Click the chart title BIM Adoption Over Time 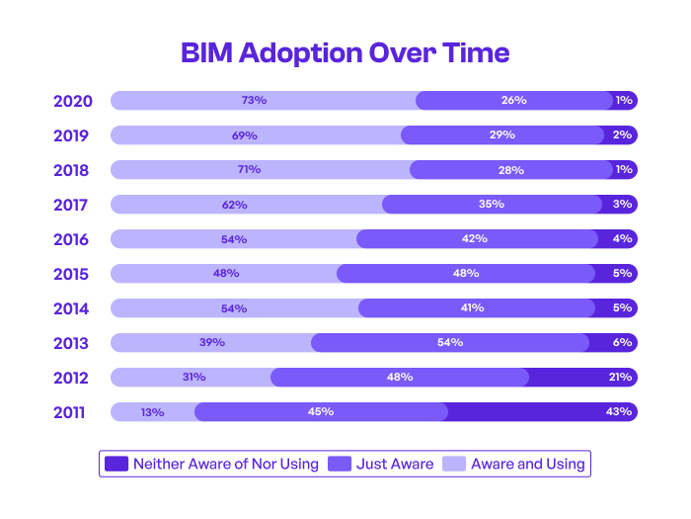[345, 52]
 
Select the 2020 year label [72, 101]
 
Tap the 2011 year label [72, 412]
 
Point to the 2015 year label [72, 274]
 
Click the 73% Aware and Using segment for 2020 [263, 100]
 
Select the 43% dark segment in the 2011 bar [542, 411]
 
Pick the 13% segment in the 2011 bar [152, 411]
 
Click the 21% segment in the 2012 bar [582, 377]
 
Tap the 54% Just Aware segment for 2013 [450, 342]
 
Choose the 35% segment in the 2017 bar [492, 204]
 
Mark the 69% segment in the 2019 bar [256, 134]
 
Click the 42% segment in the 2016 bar [477, 238]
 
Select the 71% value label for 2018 [249, 169]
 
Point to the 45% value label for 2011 [321, 411]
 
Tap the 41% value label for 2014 [472, 307]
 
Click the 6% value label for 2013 [622, 342]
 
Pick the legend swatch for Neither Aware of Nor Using [116, 464]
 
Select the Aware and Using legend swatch [454, 464]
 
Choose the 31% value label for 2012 [193, 377]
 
